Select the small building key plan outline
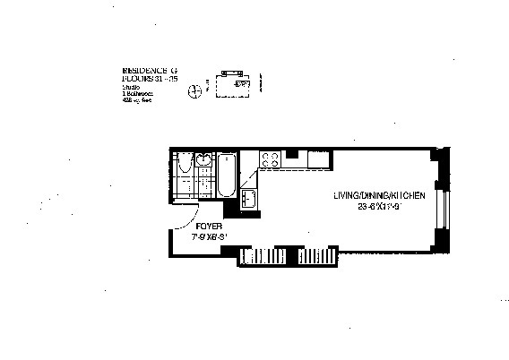click(x=235, y=81)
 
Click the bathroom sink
click(x=203, y=162)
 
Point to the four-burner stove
click(x=271, y=160)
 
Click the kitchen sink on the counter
click(x=250, y=198)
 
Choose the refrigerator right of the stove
click(x=297, y=160)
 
